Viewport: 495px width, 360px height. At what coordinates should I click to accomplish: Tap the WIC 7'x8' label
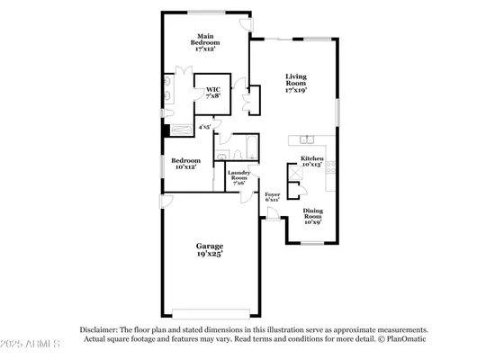[213, 92]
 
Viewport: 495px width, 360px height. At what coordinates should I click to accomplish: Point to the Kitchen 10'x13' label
[310, 162]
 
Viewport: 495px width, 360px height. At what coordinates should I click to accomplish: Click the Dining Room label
[311, 216]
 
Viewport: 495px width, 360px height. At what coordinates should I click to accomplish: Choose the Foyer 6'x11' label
[272, 197]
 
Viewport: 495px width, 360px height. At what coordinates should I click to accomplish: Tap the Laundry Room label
[238, 177]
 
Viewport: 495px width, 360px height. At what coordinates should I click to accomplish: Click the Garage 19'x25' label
[211, 249]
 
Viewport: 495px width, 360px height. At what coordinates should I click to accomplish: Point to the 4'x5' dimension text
[205, 128]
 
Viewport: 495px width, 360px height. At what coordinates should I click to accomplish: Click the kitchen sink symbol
[309, 139]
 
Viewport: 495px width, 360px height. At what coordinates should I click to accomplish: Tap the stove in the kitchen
[332, 166]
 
